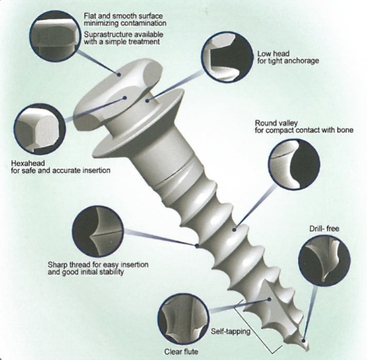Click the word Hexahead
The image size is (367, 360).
pyautogui.click(x=28, y=163)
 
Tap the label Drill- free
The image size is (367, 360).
pyautogui.click(x=324, y=228)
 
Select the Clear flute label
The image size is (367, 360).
pyautogui.click(x=181, y=352)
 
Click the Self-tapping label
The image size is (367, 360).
pyautogui.click(x=231, y=332)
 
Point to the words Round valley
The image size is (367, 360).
pyautogui.click(x=276, y=123)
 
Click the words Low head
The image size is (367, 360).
pyautogui.click(x=274, y=54)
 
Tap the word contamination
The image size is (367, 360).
pyautogui.click(x=143, y=23)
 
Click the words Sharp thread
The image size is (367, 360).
pyautogui.click(x=69, y=264)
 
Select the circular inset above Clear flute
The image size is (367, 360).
pyautogui.click(x=183, y=319)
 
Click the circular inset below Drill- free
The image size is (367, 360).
pyautogui.click(x=324, y=260)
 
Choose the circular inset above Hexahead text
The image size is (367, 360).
pyautogui.click(x=40, y=130)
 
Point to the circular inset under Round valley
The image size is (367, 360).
pyautogui.click(x=294, y=165)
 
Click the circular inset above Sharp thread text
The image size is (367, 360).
pyautogui.click(x=98, y=231)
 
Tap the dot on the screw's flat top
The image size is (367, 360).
pyautogui.click(x=119, y=75)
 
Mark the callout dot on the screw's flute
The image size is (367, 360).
pyautogui.click(x=269, y=299)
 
